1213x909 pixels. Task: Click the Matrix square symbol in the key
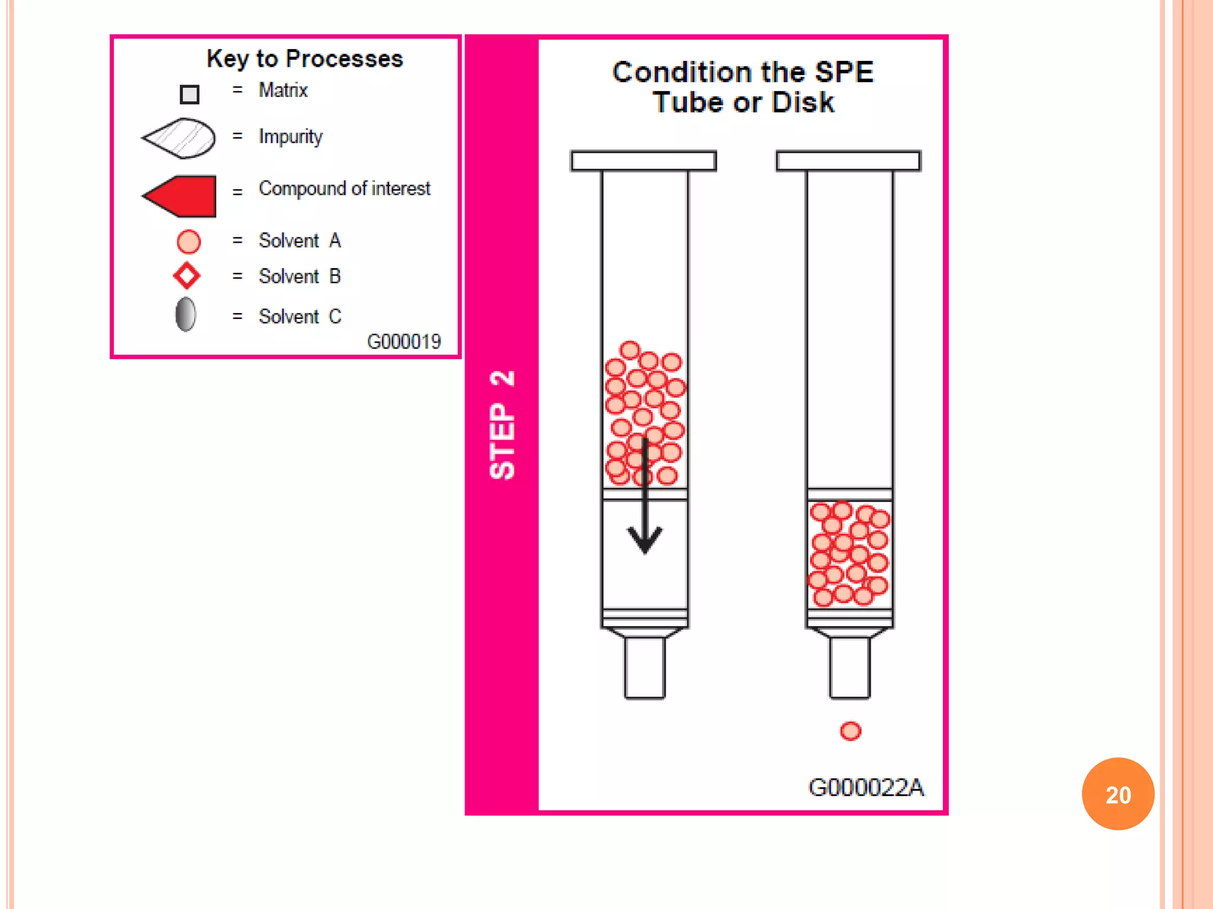pos(190,94)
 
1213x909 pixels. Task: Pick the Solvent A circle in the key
pos(189,241)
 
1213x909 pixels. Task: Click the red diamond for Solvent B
pos(187,276)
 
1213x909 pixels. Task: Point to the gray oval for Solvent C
pos(185,314)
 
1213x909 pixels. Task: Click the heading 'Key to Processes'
pos(304,59)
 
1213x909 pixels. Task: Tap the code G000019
pos(404,341)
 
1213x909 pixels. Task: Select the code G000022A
pos(865,787)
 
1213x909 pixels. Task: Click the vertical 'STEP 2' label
pos(502,424)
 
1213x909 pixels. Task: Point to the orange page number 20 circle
pos(1118,794)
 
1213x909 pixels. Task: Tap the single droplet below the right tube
pos(851,731)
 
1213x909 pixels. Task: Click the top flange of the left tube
pos(644,161)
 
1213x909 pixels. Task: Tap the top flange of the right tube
pos(848,161)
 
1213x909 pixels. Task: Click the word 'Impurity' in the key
pos(290,137)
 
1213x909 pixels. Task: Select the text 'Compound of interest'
pos(344,189)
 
